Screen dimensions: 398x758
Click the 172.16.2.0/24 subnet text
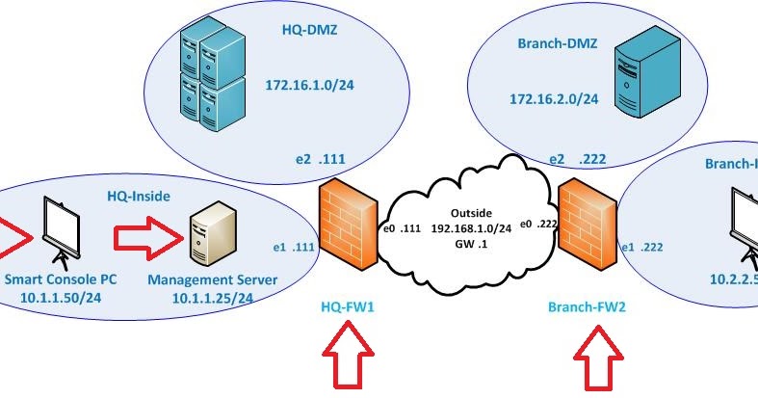pos(555,98)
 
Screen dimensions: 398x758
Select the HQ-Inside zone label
pos(138,196)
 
